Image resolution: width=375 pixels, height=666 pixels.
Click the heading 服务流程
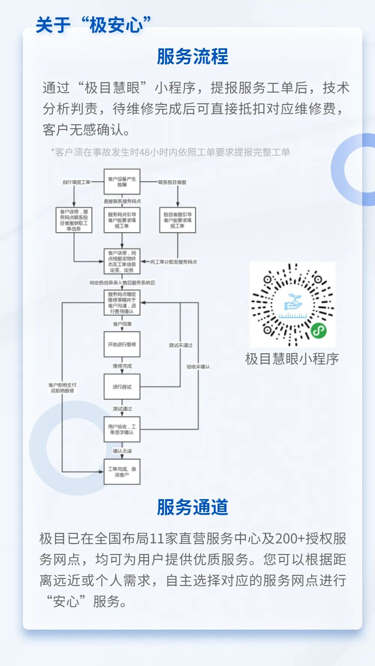click(192, 57)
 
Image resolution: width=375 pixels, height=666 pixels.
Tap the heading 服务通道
click(192, 507)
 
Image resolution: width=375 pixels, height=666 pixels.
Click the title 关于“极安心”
click(93, 25)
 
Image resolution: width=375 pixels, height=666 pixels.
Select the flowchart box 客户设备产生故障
click(122, 181)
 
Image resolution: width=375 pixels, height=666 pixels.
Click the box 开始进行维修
click(122, 344)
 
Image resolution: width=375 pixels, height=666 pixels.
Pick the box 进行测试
click(122, 387)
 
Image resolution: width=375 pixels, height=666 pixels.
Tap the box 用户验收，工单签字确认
click(122, 429)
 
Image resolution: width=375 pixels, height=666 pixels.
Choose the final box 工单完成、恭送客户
click(122, 472)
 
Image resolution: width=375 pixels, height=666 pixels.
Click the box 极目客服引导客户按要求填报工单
click(177, 220)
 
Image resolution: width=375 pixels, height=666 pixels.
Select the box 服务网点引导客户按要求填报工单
click(122, 220)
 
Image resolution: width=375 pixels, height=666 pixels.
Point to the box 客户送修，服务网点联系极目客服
click(74, 220)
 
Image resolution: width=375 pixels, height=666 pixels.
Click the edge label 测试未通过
click(180, 345)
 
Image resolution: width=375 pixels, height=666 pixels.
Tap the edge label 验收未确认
click(198, 366)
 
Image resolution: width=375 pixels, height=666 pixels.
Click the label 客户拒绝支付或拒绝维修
click(62, 388)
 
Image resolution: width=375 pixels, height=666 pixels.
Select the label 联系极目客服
click(172, 182)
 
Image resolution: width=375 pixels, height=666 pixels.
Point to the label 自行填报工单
click(76, 182)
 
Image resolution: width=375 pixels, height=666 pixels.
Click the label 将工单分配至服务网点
click(174, 262)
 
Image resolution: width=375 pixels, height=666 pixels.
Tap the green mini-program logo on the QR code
click(318, 330)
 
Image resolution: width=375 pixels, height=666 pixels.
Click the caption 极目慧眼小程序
click(292, 359)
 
